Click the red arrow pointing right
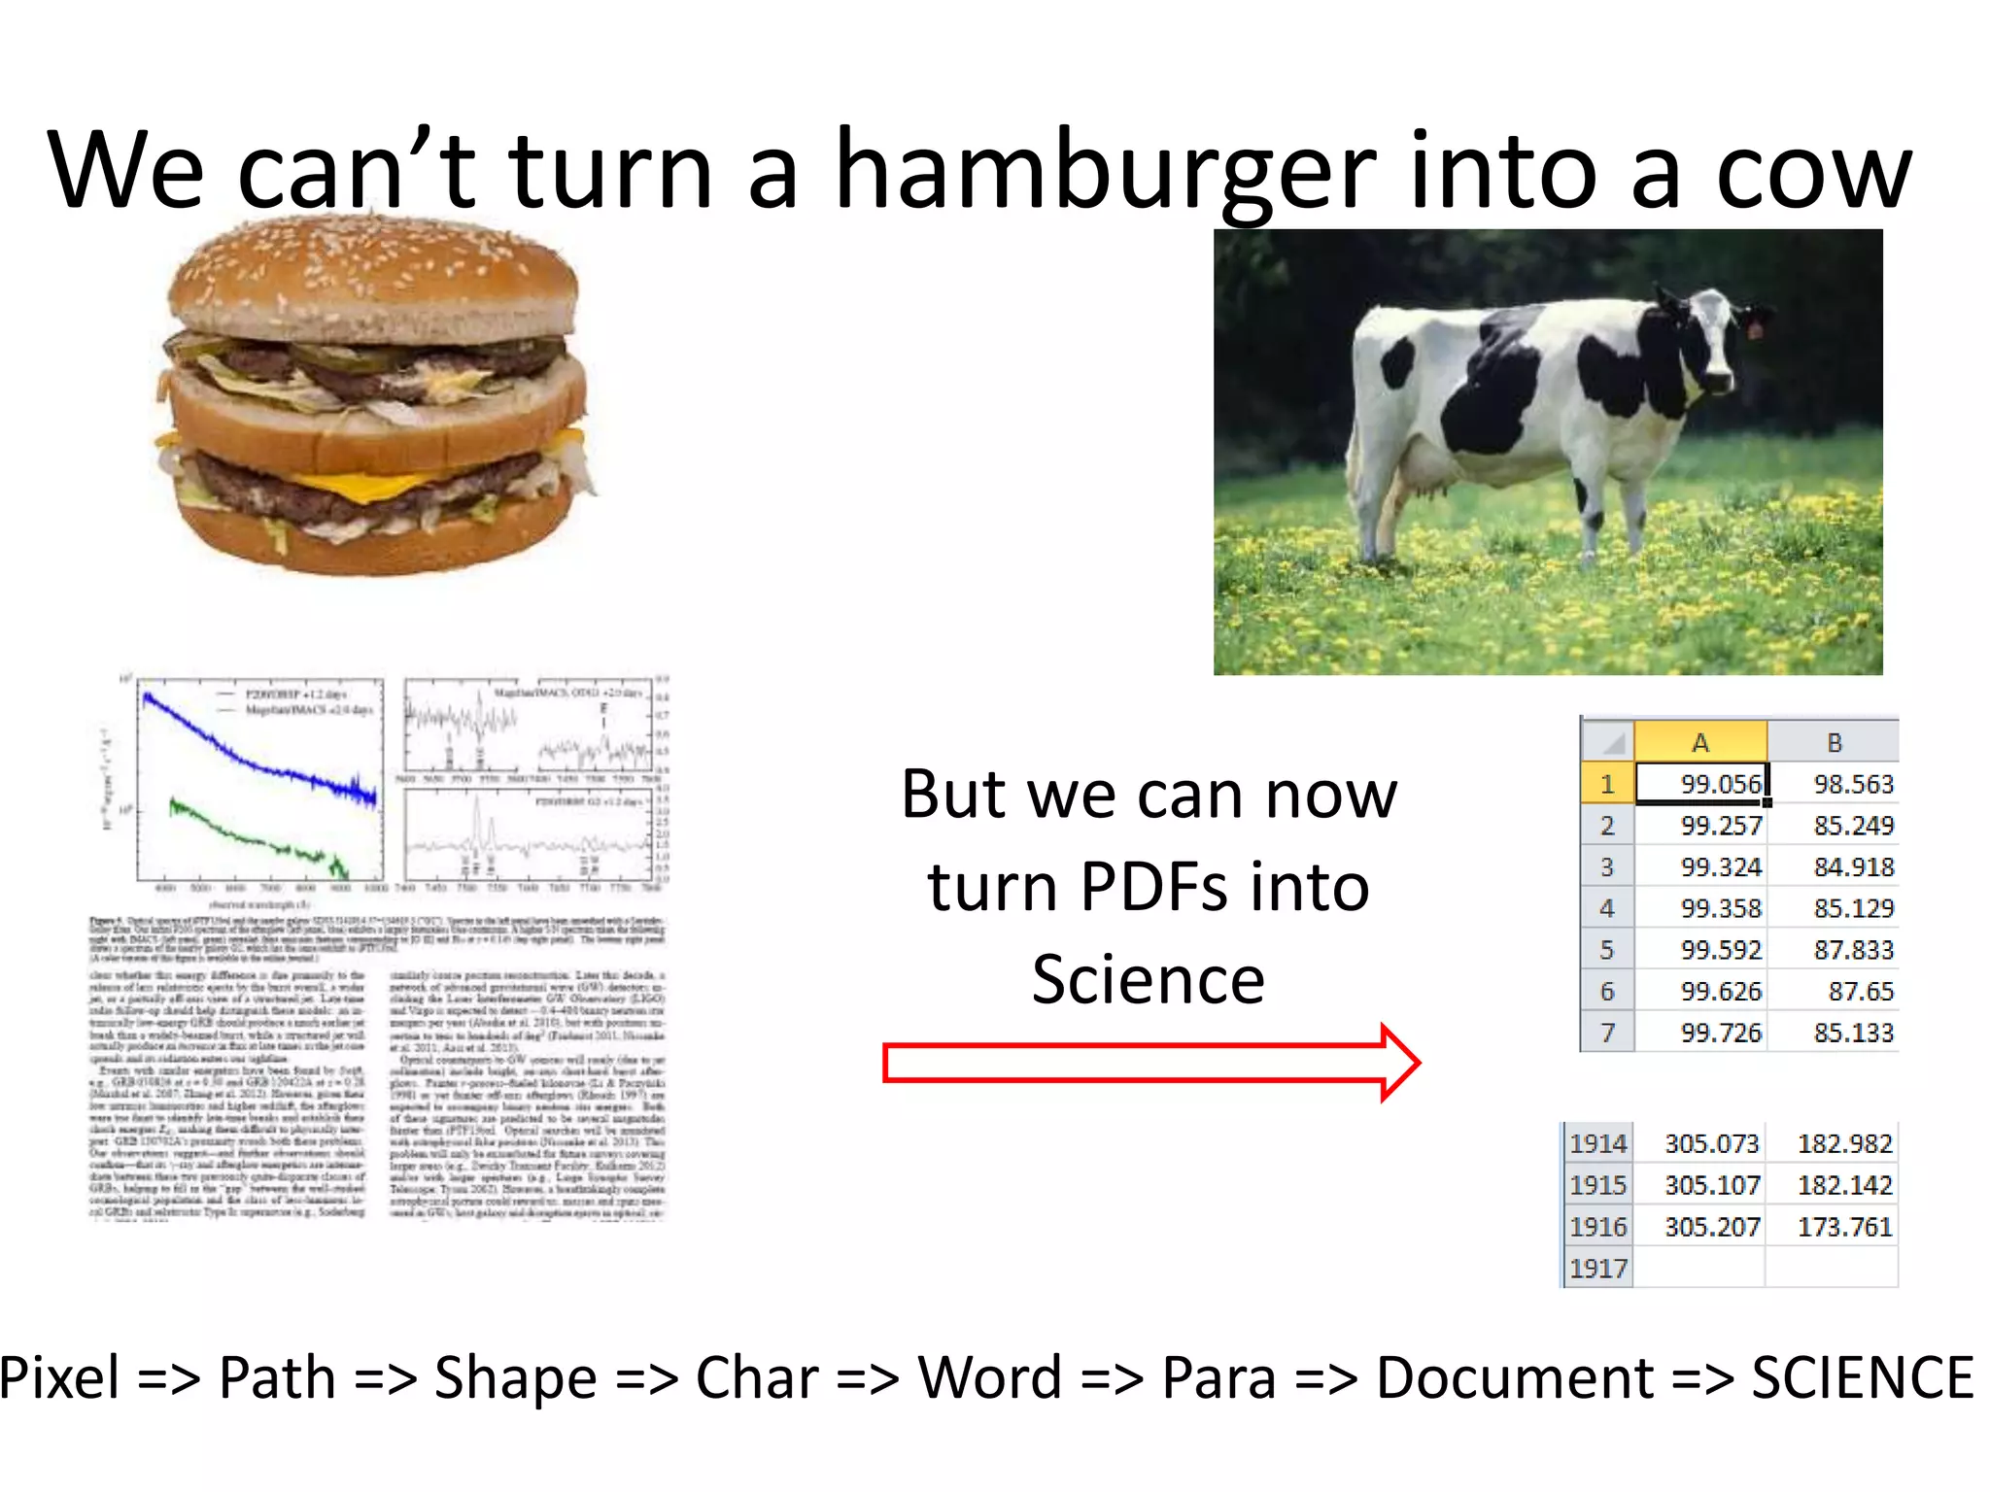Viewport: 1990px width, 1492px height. point(1151,1063)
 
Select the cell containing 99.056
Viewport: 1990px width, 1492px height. point(1700,784)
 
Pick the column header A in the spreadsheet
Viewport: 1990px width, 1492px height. point(1700,742)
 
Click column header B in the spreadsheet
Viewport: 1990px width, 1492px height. point(1834,742)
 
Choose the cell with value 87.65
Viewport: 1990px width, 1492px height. point(1834,992)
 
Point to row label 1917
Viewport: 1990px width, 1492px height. point(1597,1269)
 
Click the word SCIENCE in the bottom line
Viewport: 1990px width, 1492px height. point(1862,1377)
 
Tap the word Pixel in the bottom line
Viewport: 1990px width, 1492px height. point(60,1377)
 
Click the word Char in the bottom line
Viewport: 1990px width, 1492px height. point(757,1377)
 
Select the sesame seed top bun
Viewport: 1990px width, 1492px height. point(374,277)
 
